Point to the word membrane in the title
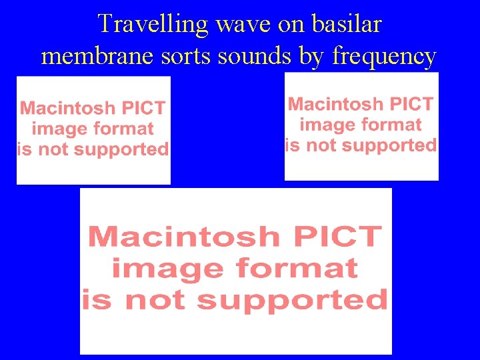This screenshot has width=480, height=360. tap(93, 56)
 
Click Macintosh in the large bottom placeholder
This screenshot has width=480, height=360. tap(184, 236)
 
